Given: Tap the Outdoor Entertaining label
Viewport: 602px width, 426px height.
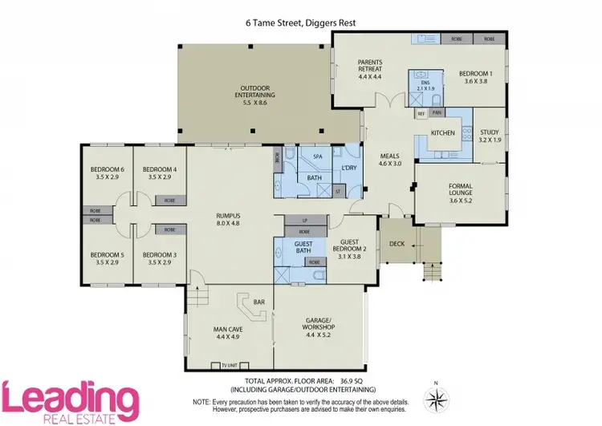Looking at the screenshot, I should pos(254,95).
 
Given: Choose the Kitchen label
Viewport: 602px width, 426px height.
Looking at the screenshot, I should pos(443,132).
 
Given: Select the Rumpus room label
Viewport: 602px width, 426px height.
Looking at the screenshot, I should pos(230,219).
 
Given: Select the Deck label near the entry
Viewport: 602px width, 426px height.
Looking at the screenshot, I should pos(396,243).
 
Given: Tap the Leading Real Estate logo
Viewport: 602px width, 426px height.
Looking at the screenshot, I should pos(70,400).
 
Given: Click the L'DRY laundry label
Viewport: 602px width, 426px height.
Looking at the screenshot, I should pos(349,167).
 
